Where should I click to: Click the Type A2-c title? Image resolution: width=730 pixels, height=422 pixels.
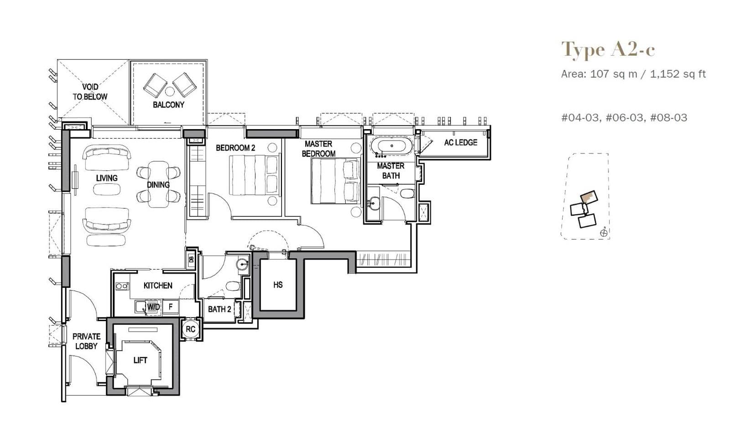tap(608, 49)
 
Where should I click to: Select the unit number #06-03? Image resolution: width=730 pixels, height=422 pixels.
tap(624, 118)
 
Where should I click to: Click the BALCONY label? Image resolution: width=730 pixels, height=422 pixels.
tap(168, 105)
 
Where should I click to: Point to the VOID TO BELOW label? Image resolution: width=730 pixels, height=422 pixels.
tap(90, 92)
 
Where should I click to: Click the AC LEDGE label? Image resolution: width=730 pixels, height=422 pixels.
tap(460, 143)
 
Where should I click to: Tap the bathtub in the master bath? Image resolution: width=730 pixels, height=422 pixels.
tap(391, 146)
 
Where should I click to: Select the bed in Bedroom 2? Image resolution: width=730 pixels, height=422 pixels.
tap(254, 175)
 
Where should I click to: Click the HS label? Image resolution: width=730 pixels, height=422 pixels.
tap(278, 285)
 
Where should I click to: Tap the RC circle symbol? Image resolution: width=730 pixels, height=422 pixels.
tap(191, 329)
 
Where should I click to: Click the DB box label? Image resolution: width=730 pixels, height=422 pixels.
tap(191, 260)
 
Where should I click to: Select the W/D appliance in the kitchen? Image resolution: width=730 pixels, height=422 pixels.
tap(153, 307)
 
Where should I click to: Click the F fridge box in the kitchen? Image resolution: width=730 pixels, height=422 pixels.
tap(171, 307)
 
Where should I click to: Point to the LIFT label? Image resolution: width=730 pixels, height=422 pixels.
tap(140, 360)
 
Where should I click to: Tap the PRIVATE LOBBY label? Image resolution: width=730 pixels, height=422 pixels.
tap(86, 341)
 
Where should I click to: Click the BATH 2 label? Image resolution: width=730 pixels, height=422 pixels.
tap(219, 309)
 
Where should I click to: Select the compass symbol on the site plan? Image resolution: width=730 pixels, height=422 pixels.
tap(604, 233)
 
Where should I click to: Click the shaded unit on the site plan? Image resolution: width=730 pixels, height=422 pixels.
tap(588, 198)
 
